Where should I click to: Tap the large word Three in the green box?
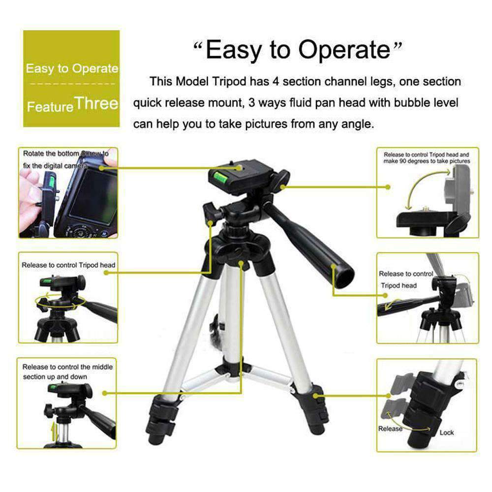97,103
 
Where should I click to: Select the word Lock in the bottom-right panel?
447,432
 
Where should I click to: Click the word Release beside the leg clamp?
390,429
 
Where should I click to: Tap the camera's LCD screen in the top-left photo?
92,195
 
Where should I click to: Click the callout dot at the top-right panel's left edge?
388,187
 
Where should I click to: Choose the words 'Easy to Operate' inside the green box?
72,68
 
